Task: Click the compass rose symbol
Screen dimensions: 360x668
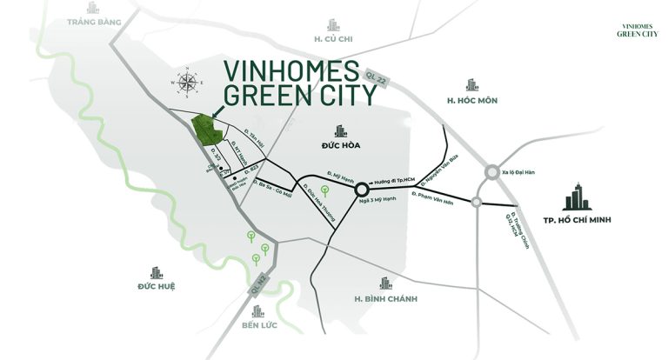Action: click(x=187, y=83)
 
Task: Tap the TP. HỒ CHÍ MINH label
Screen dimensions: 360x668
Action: click(x=577, y=220)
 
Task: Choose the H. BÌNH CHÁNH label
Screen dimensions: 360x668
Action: click(x=386, y=299)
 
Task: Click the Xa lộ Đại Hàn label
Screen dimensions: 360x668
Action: click(x=519, y=175)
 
